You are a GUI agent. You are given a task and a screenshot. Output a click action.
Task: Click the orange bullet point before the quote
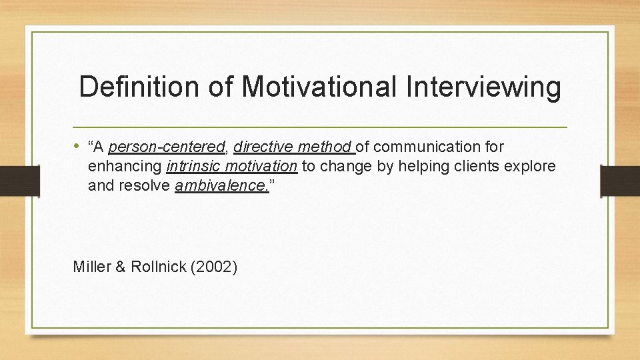tap(78, 145)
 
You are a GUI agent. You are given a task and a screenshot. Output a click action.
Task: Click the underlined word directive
tap(263, 147)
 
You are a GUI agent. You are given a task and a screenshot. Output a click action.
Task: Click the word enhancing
tap(125, 166)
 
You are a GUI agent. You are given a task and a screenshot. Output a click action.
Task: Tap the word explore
tap(531, 166)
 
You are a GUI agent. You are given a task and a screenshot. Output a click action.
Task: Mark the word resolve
tap(143, 185)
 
